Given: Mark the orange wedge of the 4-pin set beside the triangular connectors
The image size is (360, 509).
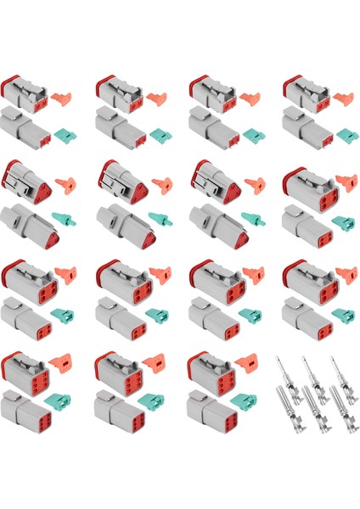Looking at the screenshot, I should pos(344,182).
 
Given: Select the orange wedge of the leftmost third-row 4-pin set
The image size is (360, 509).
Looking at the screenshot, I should pos(64,276).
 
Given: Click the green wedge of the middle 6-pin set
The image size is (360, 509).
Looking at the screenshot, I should pos(158,406).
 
